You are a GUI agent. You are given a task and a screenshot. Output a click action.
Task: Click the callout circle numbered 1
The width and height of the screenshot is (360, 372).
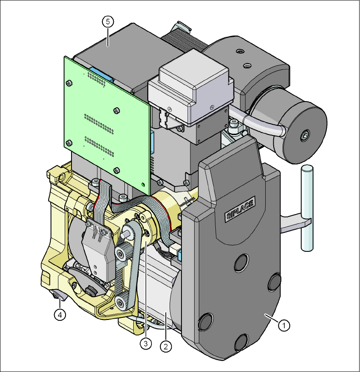tap(284, 325)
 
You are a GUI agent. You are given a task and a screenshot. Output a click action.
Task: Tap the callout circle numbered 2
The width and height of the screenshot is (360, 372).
tap(166, 346)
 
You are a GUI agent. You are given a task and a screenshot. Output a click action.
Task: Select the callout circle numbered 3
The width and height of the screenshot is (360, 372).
tap(146, 343)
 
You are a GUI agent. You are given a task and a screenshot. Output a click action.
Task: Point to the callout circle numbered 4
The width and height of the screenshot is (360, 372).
tap(60, 315)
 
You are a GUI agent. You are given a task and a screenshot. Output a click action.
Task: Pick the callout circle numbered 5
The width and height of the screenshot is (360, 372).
tap(108, 22)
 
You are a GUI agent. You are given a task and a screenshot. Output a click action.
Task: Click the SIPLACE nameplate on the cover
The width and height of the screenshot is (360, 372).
tap(240, 209)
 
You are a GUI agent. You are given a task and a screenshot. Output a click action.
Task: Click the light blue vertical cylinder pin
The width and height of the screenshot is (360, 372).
tap(308, 208)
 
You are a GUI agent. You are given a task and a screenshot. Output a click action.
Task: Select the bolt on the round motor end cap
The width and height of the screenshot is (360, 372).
tap(305, 136)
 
